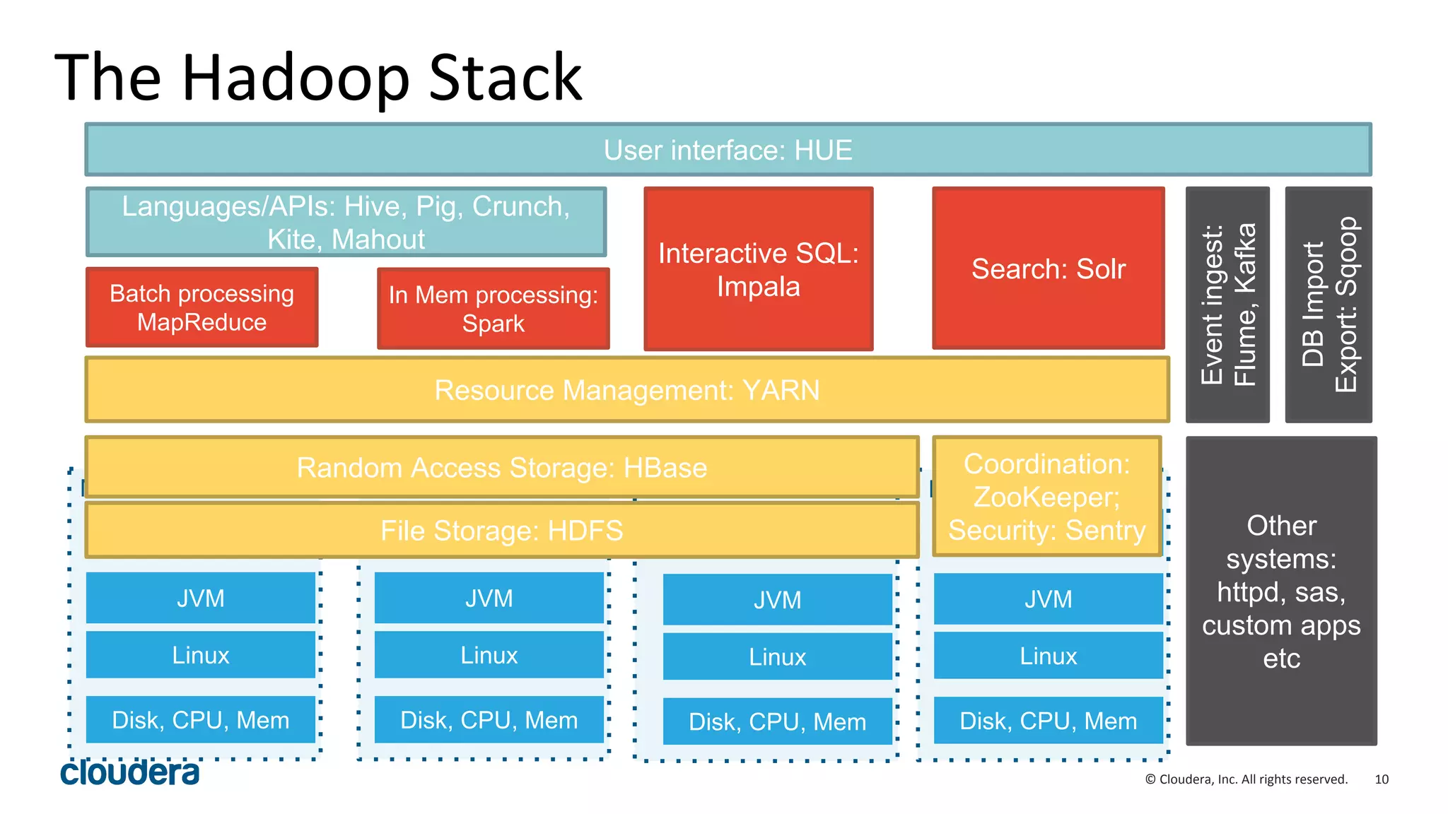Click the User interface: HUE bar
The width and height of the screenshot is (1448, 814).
(x=728, y=150)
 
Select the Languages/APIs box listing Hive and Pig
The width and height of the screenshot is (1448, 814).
(x=346, y=222)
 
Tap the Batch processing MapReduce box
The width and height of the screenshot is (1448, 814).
(x=202, y=307)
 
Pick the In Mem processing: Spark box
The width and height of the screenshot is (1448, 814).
(x=493, y=309)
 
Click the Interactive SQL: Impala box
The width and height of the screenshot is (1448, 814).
(x=758, y=269)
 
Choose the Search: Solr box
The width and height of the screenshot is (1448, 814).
(x=1048, y=269)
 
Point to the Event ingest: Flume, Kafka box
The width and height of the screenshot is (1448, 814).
(x=1227, y=305)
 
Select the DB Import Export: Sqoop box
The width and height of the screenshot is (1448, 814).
(x=1328, y=305)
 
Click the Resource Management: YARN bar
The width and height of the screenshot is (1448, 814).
(x=626, y=390)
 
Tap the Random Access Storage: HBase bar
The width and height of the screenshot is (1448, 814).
(x=501, y=467)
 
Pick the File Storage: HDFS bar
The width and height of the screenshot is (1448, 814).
(x=501, y=530)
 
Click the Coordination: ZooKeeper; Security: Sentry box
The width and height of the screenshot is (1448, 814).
(x=1046, y=497)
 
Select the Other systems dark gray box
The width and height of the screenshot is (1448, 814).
(x=1281, y=591)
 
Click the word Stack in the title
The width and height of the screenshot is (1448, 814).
(x=505, y=78)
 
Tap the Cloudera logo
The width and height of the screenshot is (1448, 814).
(x=129, y=772)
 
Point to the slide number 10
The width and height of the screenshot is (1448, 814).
(x=1381, y=779)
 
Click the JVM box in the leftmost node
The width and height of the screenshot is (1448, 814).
(x=200, y=598)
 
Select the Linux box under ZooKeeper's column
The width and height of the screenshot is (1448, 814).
(x=1048, y=656)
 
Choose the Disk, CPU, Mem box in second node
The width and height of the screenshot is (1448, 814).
(x=489, y=720)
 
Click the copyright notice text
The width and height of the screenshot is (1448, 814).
(x=1246, y=779)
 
